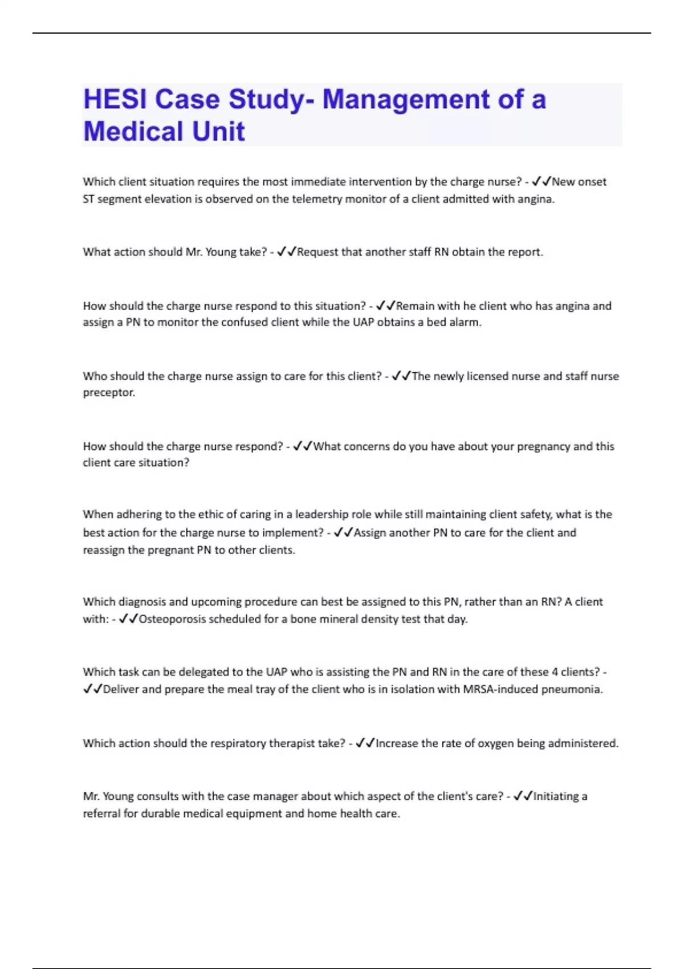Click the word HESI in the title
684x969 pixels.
pos(115,99)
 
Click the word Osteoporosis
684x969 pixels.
pos(172,619)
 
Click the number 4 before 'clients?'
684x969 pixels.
pos(555,672)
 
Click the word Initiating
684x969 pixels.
pos(556,796)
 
